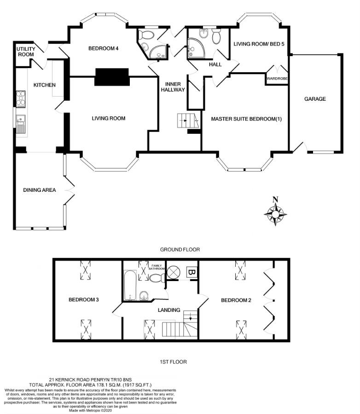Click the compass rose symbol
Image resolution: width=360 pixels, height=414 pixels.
pos(275,214)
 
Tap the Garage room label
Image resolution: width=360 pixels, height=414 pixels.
pos(315,99)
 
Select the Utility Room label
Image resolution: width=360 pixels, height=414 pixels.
pos(25,52)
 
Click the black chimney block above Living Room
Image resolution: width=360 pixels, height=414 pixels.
pos(111,77)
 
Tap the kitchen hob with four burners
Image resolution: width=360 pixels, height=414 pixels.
pos(21,98)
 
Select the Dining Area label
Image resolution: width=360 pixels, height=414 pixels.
pos(40,190)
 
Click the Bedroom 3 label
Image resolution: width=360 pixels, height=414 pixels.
pos(84,300)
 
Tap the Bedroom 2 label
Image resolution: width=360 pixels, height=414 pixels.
pos(236,300)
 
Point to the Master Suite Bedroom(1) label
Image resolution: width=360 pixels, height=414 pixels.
pos(246,119)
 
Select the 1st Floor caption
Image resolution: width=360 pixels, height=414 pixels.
pos(173,362)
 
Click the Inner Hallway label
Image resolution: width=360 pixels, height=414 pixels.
pos(173,86)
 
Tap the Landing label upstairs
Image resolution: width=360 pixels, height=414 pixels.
pos(168,310)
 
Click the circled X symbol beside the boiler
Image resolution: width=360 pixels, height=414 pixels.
pos(174,271)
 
